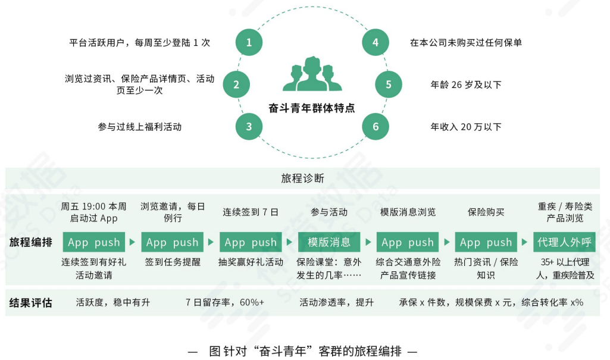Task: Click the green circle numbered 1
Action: [x=249, y=42]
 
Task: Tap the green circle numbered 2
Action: [x=236, y=84]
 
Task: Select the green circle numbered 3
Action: [x=249, y=127]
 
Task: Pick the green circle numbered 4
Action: [x=375, y=42]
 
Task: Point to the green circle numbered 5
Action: [x=388, y=84]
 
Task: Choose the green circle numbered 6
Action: [x=375, y=127]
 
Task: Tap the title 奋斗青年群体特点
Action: [x=311, y=108]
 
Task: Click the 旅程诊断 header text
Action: [x=303, y=178]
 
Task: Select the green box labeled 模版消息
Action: [x=329, y=242]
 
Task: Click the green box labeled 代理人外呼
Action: [x=564, y=242]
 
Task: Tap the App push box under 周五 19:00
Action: [x=94, y=242]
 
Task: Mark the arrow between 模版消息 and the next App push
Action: [x=368, y=242]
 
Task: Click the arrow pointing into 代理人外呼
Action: [x=524, y=242]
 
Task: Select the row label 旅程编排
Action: [x=30, y=242]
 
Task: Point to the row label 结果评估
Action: [x=30, y=303]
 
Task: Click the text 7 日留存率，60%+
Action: [x=224, y=303]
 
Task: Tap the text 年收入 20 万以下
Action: [x=466, y=127]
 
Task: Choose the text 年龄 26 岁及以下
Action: [x=466, y=84]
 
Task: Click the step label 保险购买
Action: [x=486, y=212]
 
